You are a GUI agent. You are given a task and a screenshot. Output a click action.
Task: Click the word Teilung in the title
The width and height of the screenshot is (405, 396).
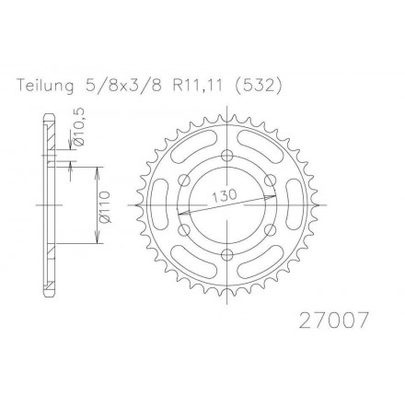point(46,86)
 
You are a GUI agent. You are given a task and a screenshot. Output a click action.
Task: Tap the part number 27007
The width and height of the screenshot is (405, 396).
point(333,320)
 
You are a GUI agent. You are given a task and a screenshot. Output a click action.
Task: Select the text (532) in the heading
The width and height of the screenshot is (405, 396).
point(258,86)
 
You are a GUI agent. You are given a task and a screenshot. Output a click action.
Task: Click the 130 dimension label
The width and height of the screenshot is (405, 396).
point(225,196)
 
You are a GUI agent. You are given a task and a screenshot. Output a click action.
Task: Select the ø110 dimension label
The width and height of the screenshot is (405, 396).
point(104,206)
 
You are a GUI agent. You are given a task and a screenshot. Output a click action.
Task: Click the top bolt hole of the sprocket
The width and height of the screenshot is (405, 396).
point(227,156)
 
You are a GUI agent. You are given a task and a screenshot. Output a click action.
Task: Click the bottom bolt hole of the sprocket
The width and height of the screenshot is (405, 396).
point(227,254)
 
